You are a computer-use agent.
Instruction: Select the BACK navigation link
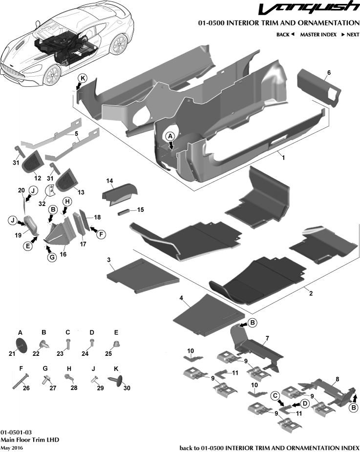[x=285, y=35]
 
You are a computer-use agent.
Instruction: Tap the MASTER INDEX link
[x=318, y=35]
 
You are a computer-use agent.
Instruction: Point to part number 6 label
[x=329, y=73]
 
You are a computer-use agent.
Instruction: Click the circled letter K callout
[x=83, y=79]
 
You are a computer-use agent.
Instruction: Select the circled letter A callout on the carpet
[x=170, y=136]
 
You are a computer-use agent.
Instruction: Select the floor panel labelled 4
[x=208, y=314]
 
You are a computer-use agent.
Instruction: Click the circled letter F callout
[x=102, y=234]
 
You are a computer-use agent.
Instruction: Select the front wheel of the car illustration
[x=52, y=75]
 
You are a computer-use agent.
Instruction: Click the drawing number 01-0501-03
[x=16, y=432]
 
